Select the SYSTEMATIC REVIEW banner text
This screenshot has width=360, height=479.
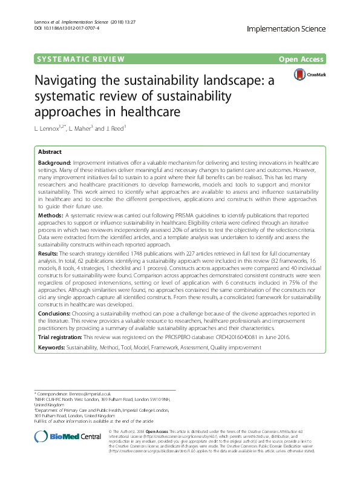[81, 59]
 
